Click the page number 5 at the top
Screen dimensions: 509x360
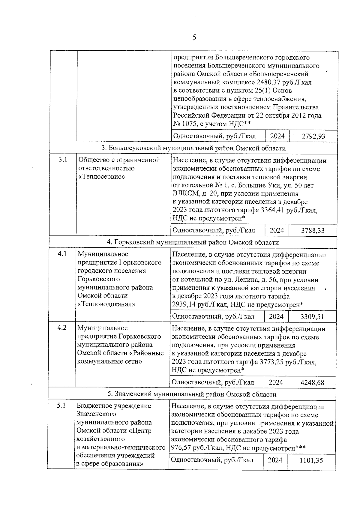click(194, 37)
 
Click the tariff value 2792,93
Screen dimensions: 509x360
click(313, 136)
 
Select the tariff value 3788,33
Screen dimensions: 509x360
click(313, 230)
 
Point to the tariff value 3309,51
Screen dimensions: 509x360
click(312, 316)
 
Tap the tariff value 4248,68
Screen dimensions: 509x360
click(312, 382)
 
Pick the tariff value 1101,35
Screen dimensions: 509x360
click(311, 460)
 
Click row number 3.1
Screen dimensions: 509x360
click(63, 160)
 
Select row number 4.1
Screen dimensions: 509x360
click(62, 254)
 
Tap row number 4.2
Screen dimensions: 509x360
click(62, 328)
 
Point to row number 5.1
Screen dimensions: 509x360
click(61, 406)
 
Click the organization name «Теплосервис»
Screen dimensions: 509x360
click(101, 177)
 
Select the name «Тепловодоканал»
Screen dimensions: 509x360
click(106, 304)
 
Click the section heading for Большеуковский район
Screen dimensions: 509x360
click(193, 148)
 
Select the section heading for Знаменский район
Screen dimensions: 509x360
click(192, 394)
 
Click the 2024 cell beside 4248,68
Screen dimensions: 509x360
click(276, 382)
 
